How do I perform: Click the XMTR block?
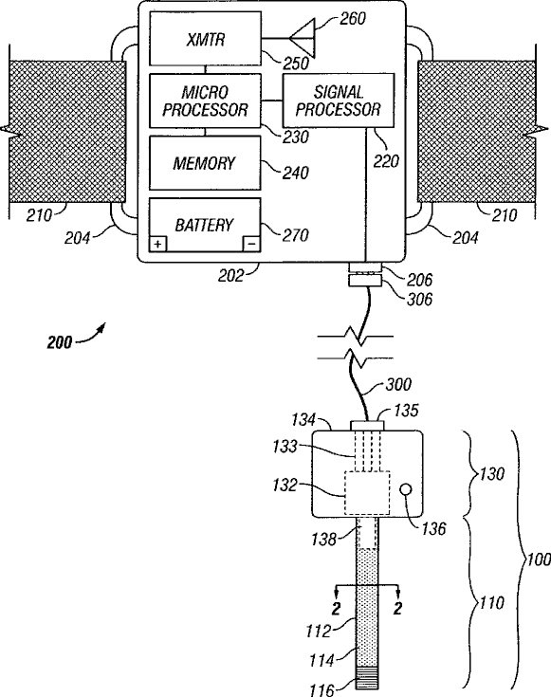[205, 39]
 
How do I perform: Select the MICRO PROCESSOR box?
[205, 101]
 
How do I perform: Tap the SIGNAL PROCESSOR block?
[339, 101]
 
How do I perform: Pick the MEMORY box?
[205, 163]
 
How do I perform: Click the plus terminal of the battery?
[157, 244]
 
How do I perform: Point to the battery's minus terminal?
[251, 244]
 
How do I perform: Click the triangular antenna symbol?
[303, 38]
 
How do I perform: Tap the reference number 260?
[353, 19]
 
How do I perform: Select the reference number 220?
[386, 161]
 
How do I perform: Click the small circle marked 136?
[406, 490]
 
